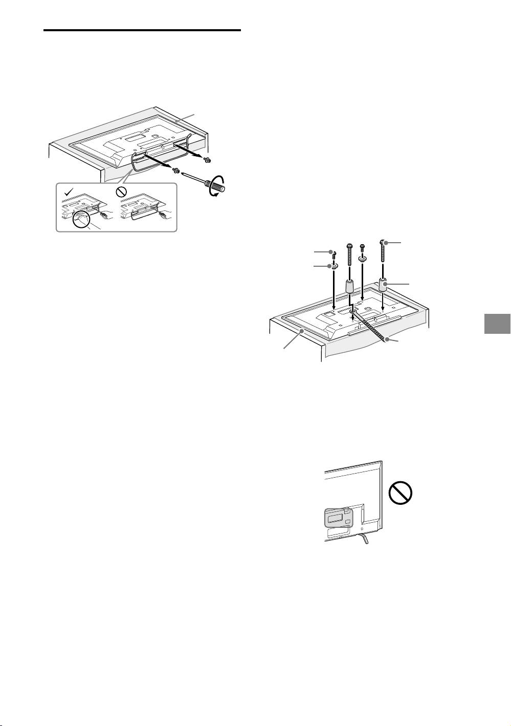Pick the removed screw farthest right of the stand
point(207,160)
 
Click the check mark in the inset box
point(68,193)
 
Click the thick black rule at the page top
point(142,31)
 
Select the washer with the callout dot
point(334,265)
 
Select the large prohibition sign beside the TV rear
point(402,496)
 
